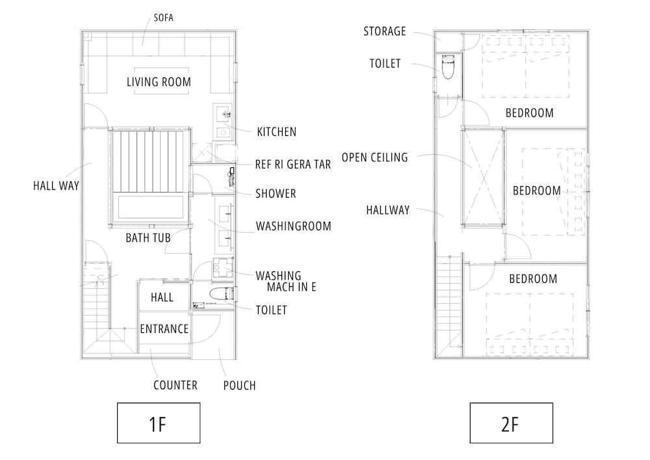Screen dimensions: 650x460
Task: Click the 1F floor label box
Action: point(159,423)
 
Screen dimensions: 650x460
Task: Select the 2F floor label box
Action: point(511,423)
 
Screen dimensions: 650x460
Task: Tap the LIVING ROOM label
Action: point(159,82)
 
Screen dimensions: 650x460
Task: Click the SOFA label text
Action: point(163,18)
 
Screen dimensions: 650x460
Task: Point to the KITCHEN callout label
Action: point(276,132)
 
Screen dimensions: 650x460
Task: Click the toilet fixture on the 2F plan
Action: point(448,66)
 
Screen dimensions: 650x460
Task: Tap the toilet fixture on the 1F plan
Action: point(222,293)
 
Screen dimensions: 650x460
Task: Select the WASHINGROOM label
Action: point(294,226)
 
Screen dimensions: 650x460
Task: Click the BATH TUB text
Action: point(148,237)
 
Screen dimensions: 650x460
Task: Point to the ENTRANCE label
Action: point(164,329)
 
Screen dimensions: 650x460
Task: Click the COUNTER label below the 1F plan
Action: point(175,385)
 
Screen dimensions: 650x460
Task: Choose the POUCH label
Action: point(239,385)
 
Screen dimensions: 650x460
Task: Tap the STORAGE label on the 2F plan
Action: point(385,31)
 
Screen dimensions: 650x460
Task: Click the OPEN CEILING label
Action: point(375,157)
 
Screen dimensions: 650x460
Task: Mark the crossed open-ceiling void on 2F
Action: point(484,177)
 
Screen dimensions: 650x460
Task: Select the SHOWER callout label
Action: point(276,194)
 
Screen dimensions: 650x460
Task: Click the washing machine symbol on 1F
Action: point(222,269)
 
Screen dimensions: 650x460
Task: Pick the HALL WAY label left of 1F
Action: point(56,185)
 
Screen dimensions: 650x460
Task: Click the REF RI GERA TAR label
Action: point(293,164)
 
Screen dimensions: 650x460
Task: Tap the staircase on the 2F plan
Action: point(449,305)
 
